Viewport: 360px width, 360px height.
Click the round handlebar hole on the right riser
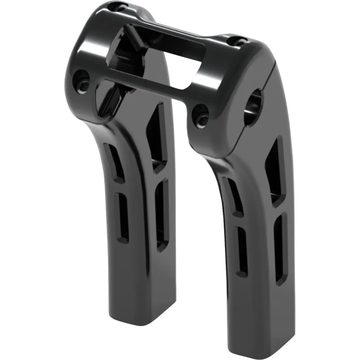pyautogui.click(x=253, y=107)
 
